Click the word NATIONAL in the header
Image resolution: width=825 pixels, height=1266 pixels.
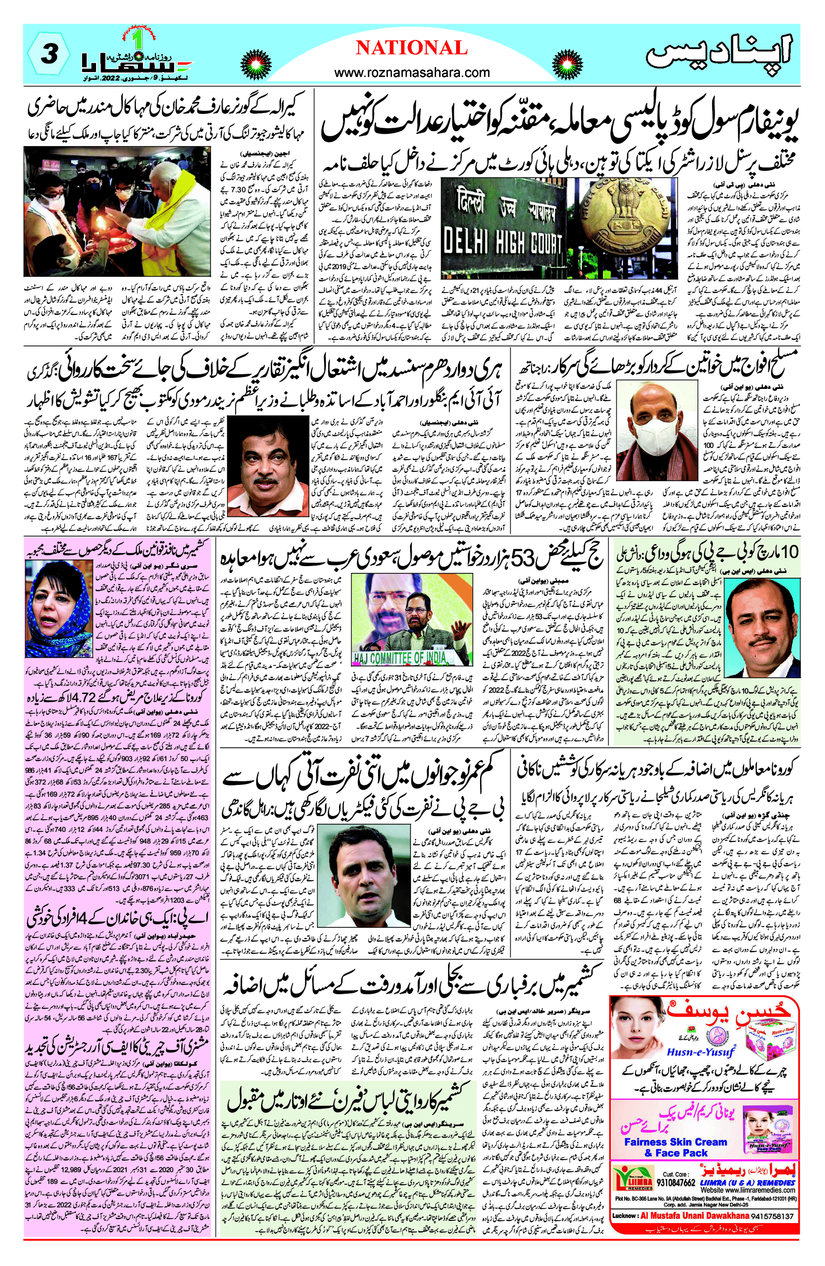point(412,48)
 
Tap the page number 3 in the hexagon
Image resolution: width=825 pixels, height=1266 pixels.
point(49,54)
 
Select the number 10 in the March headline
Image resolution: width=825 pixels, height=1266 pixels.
point(789,553)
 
